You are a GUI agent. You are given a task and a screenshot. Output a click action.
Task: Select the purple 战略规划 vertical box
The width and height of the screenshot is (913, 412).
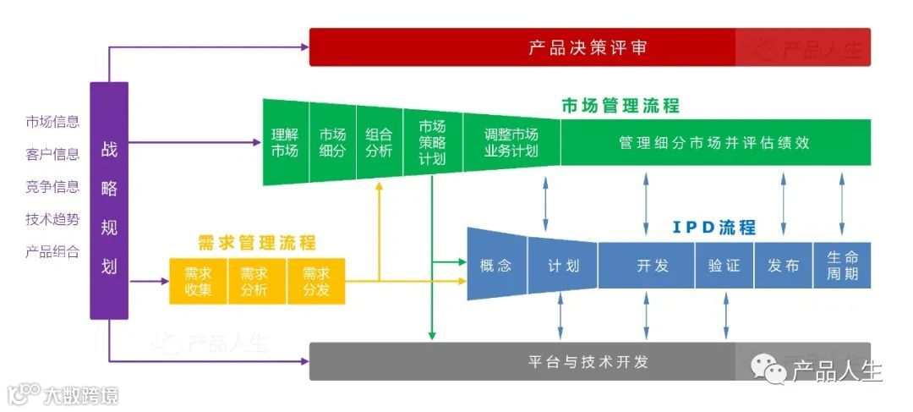(109, 201)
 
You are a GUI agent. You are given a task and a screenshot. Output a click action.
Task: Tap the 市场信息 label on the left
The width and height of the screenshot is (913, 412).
(52, 121)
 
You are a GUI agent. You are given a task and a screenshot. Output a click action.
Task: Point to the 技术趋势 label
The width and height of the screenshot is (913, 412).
(52, 219)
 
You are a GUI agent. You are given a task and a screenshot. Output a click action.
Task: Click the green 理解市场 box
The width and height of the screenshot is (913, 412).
(285, 142)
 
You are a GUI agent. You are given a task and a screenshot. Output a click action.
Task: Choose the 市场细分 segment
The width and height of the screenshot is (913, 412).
(332, 142)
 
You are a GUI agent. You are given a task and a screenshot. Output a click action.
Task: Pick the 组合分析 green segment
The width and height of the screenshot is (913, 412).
(379, 142)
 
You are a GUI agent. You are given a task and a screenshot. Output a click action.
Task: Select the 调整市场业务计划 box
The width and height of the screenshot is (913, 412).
(511, 142)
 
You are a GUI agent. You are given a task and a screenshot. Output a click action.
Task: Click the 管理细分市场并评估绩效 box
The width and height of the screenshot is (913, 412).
(714, 143)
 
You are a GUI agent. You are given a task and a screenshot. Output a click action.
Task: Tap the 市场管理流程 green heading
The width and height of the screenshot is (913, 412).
(620, 106)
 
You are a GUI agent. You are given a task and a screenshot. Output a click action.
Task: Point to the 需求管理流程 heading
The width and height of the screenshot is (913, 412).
(256, 243)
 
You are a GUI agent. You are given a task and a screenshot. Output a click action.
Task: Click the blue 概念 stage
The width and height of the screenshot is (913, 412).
(496, 266)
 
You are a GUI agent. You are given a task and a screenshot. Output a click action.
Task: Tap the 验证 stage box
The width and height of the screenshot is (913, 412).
(724, 266)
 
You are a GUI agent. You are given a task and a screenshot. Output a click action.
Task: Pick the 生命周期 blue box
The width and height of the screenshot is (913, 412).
(842, 266)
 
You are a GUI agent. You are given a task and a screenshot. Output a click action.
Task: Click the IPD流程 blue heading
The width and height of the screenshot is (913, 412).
(713, 227)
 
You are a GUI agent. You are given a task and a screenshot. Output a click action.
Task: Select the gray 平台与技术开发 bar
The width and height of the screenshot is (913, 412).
(588, 362)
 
